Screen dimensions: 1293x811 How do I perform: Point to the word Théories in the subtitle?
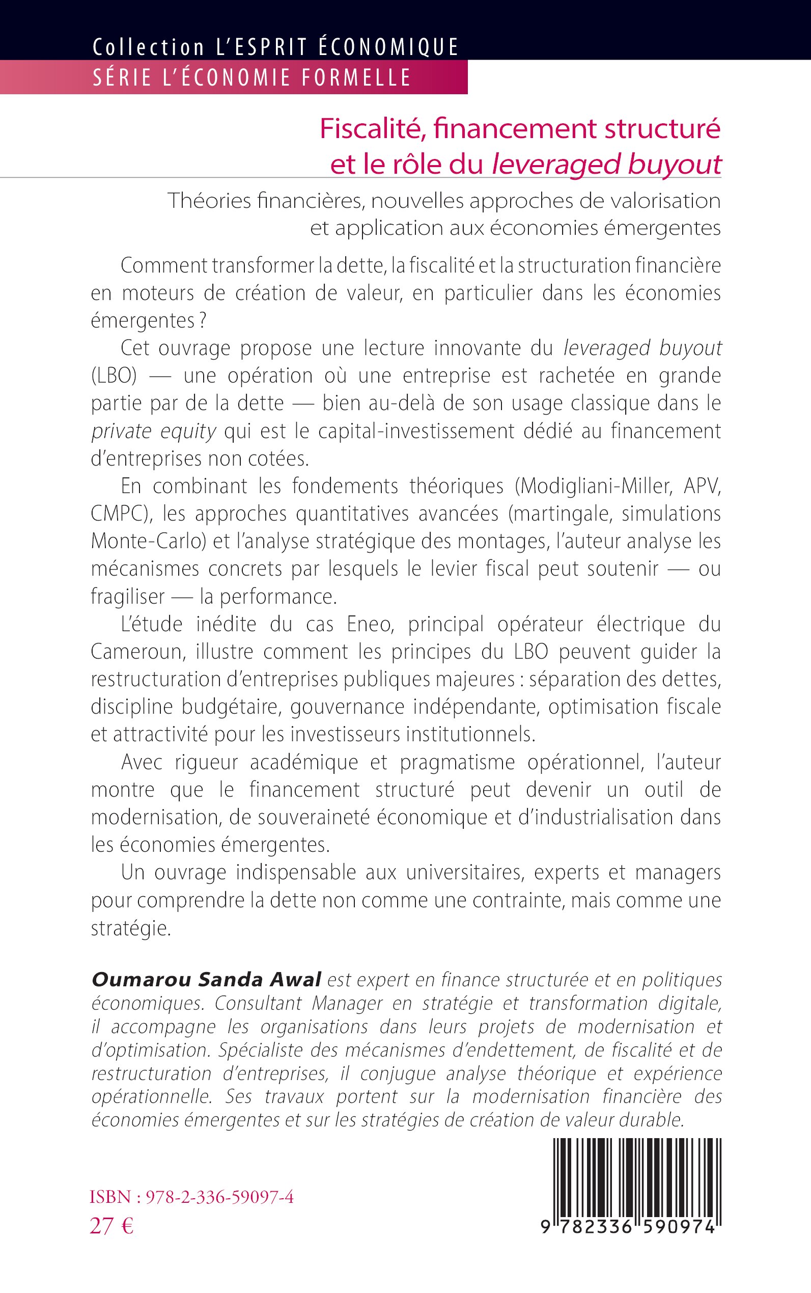(x=209, y=201)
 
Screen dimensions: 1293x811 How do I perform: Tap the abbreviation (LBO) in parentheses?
(x=114, y=375)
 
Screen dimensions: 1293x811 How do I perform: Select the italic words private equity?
(x=153, y=431)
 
